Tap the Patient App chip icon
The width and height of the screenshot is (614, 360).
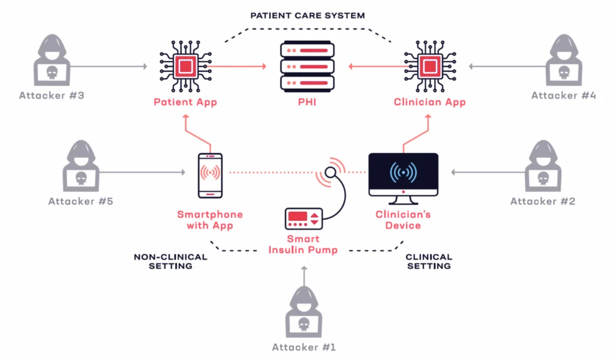tap(185, 65)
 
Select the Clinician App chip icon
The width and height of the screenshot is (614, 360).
tap(429, 65)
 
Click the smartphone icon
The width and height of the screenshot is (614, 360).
tap(210, 175)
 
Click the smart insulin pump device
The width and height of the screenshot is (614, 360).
tap(305, 218)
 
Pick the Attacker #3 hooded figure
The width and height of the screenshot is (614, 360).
tap(50, 60)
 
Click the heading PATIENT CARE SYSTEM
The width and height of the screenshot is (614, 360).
tap(307, 16)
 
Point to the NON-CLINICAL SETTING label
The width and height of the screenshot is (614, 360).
tap(170, 261)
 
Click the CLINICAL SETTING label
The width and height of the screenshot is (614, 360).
tap(429, 261)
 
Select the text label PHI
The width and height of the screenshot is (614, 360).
tap(306, 103)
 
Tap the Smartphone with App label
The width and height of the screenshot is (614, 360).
tap(210, 220)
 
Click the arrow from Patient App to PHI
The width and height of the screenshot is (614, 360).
tap(240, 66)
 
